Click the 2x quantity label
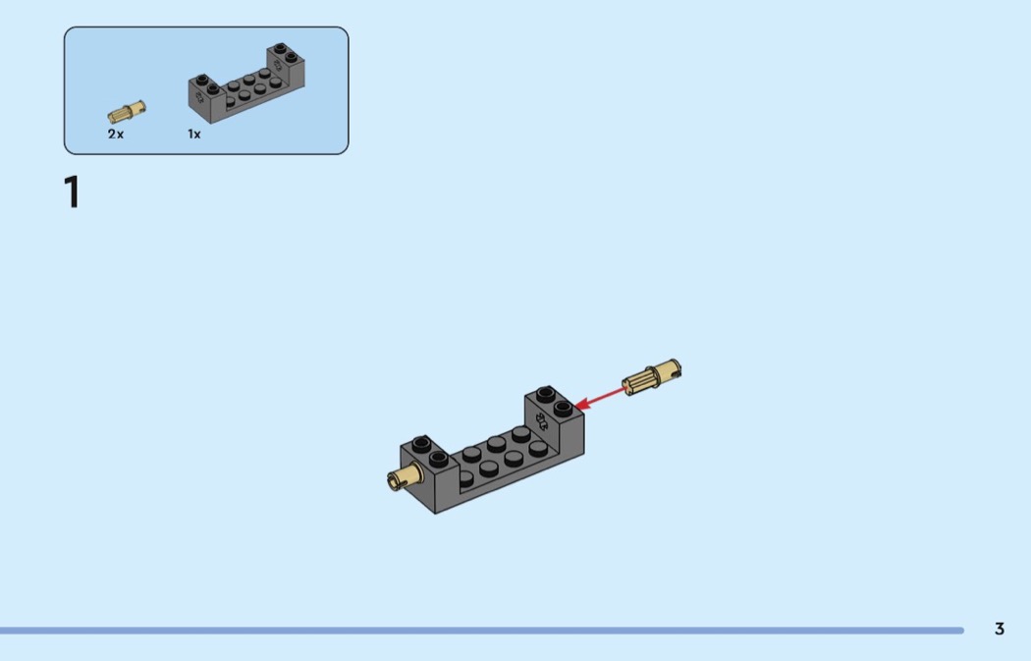pyautogui.click(x=116, y=135)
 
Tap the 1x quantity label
pyautogui.click(x=194, y=135)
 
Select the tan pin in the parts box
pyautogui.click(x=127, y=112)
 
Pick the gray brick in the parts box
pyautogui.click(x=246, y=83)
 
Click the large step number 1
pyautogui.click(x=72, y=193)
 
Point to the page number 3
pyautogui.click(x=1000, y=629)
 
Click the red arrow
pyautogui.click(x=600, y=398)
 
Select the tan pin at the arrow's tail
pyautogui.click(x=652, y=377)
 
